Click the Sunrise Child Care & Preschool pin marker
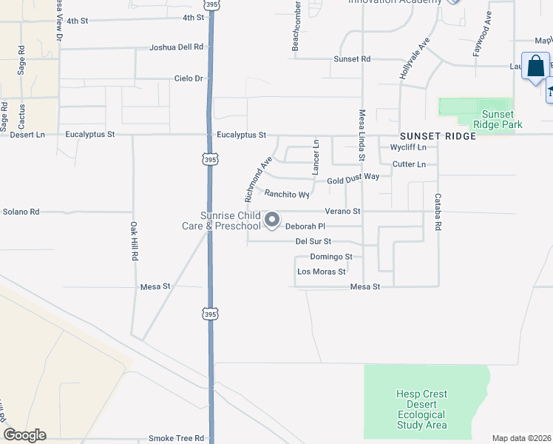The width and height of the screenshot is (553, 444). click(272, 220)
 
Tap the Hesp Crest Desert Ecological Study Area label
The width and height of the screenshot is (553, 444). click(421, 409)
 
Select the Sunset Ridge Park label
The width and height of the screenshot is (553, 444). click(502, 119)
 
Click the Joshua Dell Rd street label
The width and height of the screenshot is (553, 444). click(176, 47)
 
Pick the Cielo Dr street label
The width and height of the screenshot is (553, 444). click(188, 78)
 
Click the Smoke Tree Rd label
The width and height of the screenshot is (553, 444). click(176, 438)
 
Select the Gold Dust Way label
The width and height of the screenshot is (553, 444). click(353, 178)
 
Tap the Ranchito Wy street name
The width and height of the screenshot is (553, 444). click(287, 195)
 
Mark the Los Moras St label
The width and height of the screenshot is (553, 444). click(321, 272)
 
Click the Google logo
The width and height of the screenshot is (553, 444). click(24, 435)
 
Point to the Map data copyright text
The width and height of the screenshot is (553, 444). click(521, 438)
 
